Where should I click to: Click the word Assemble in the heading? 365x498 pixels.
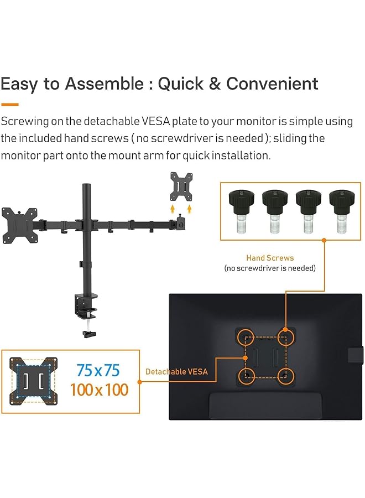[104, 84]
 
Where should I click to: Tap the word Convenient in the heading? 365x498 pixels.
[272, 84]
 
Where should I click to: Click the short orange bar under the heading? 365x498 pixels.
[9, 104]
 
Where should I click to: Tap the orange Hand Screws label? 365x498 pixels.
[270, 258]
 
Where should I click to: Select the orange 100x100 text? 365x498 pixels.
[99, 390]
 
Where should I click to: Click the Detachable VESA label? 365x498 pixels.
[176, 372]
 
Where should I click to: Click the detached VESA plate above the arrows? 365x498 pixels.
[181, 187]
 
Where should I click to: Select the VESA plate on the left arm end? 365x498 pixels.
[22, 225]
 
